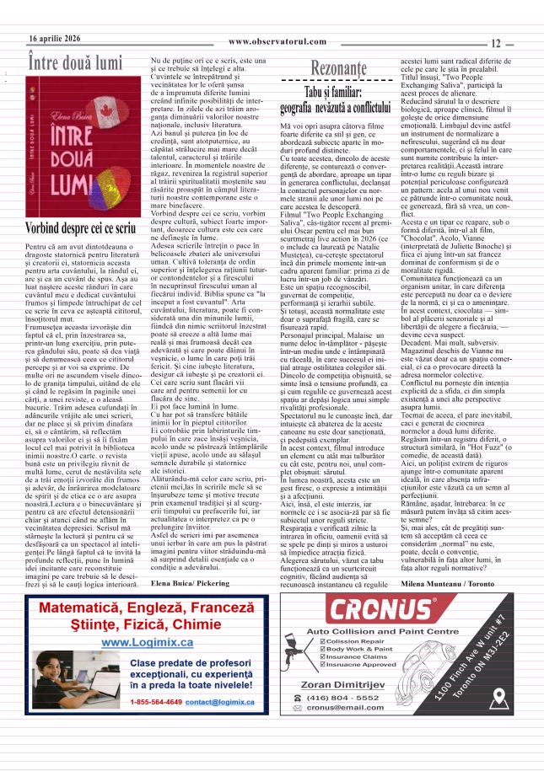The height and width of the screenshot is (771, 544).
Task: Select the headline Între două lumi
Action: [76, 62]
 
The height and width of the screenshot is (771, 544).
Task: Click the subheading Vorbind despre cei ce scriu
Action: [80, 228]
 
